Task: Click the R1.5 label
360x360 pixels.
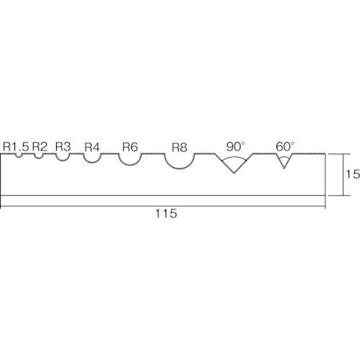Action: coord(16,146)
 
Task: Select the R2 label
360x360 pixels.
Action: coord(40,146)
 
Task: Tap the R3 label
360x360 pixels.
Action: coord(63,146)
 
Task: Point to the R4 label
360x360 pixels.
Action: coord(92,147)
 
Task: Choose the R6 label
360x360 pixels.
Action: coord(130,147)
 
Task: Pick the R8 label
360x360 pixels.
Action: coord(179,148)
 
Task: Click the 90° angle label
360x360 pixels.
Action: coord(235,147)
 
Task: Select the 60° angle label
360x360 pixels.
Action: coord(285,147)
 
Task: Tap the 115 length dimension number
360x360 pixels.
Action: coord(166,213)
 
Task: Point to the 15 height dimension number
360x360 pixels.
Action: coord(353,174)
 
